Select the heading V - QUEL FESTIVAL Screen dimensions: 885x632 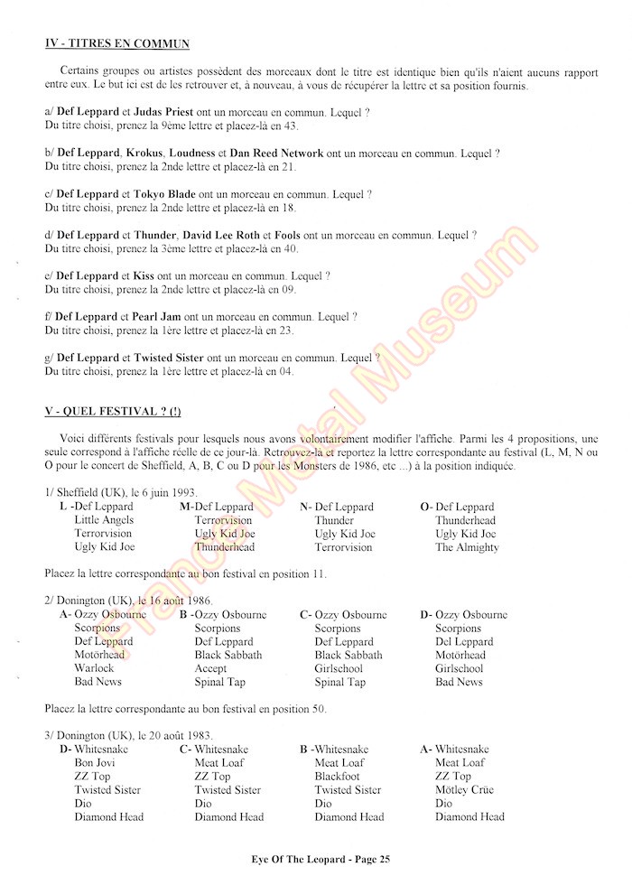pos(112,412)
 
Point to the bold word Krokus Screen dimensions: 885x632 pos(145,154)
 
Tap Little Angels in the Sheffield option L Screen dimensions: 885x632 pos(104,520)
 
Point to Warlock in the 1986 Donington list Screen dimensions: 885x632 pos(94,668)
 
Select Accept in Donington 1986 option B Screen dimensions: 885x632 pos(210,668)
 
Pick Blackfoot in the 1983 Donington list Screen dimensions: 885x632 pos(337,777)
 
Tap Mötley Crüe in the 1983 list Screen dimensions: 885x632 pos(464,790)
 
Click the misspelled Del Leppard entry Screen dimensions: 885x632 pos(466,642)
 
